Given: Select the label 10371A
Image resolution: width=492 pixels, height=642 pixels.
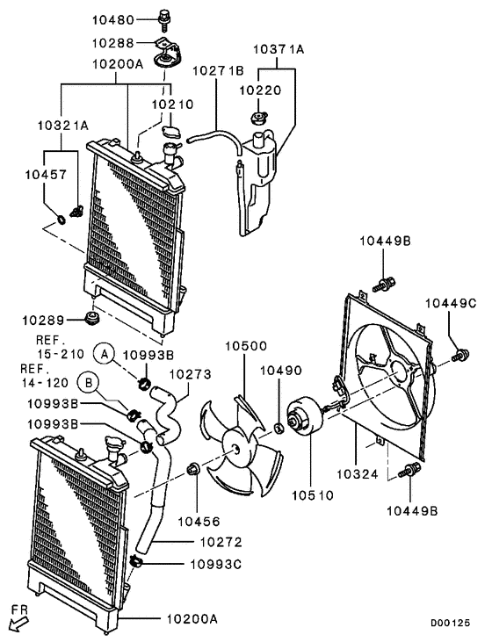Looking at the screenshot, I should pyautogui.click(x=279, y=50).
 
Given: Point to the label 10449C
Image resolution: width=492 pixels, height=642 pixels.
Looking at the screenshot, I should pyautogui.click(x=451, y=303).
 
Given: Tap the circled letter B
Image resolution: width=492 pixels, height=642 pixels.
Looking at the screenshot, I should pyautogui.click(x=90, y=382).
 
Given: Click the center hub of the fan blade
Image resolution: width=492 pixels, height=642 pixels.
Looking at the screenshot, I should pyautogui.click(x=235, y=448).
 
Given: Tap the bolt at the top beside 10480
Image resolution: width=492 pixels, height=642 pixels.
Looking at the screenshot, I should pyautogui.click(x=164, y=15).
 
